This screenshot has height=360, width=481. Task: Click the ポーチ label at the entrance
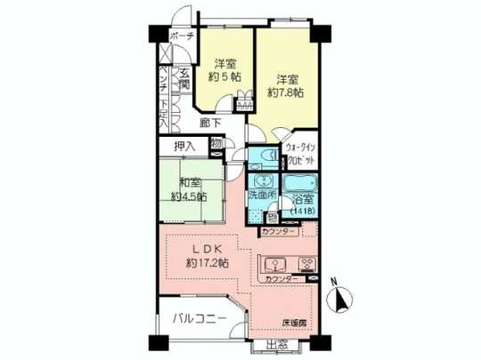tap(183, 36)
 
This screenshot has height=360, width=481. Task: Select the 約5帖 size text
tap(224, 77)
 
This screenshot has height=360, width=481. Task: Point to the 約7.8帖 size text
tap(286, 92)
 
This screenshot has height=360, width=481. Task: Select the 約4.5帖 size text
tap(189, 196)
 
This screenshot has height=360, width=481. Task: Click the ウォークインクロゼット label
tap(299, 156)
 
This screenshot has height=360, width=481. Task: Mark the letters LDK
tap(202, 248)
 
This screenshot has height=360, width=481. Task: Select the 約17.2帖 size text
tap(205, 263)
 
